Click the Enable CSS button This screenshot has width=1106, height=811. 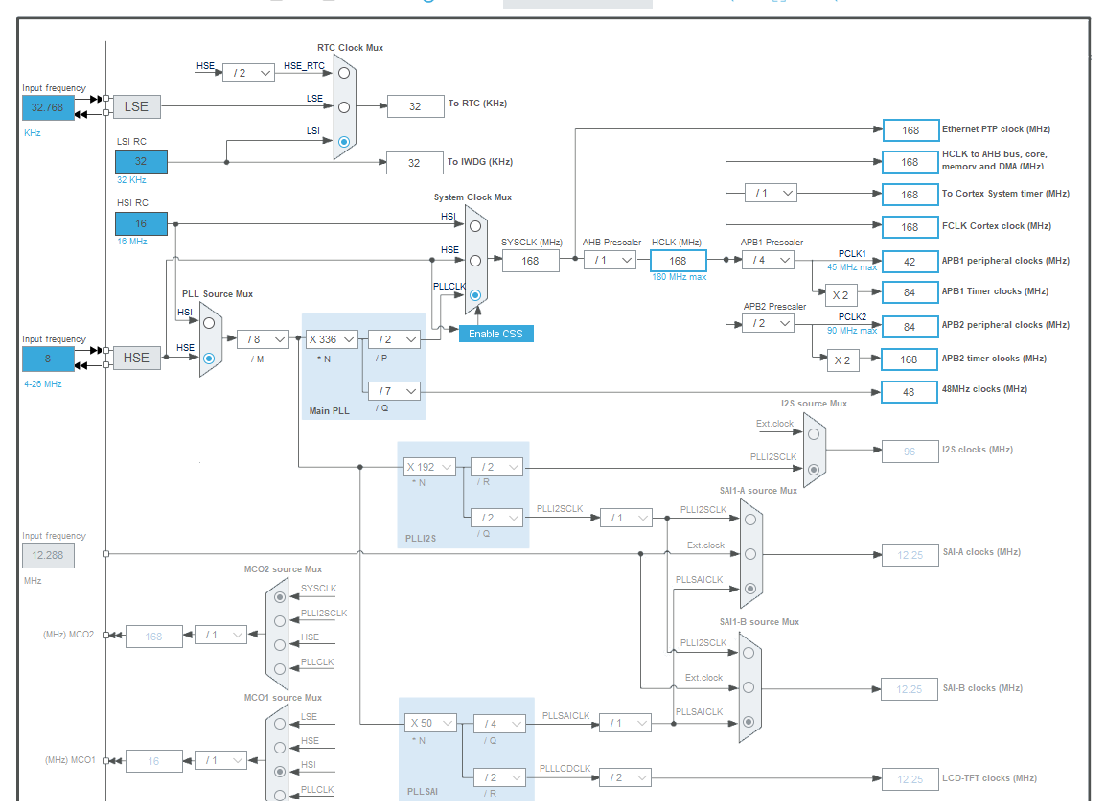[495, 334]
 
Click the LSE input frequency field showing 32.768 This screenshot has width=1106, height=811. [47, 107]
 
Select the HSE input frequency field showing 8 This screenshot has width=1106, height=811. [47, 359]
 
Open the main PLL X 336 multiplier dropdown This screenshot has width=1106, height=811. [332, 339]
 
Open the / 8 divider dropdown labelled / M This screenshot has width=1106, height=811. [263, 339]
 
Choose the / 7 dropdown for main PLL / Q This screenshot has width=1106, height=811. [394, 391]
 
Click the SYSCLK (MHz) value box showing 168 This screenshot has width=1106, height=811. [530, 260]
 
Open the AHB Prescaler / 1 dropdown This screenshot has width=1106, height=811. [610, 260]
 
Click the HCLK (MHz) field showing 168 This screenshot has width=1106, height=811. [678, 260]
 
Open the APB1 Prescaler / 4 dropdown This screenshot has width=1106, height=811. [768, 260]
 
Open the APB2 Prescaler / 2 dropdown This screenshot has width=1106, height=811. [768, 324]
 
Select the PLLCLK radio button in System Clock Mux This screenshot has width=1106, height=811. [475, 295]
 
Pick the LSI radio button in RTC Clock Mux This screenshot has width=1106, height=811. [344, 141]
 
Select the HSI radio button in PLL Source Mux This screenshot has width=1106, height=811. [209, 323]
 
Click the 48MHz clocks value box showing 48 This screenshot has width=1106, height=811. [910, 392]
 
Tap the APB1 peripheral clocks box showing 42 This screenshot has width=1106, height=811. [910, 262]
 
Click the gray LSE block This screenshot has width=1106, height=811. [136, 107]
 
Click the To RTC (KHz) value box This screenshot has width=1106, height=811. [414, 106]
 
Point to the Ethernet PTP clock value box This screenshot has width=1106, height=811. [910, 130]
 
